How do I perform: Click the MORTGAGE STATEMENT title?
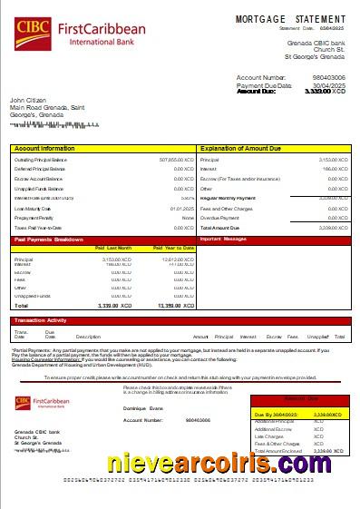(290, 18)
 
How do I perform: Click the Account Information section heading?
(44, 147)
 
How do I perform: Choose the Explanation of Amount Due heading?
(240, 147)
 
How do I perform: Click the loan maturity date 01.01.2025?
(182, 209)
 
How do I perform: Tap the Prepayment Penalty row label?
(35, 218)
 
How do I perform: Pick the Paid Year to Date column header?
(174, 247)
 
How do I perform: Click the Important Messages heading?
(223, 240)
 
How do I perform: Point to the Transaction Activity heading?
(40, 320)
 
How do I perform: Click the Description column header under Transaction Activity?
(88, 337)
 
